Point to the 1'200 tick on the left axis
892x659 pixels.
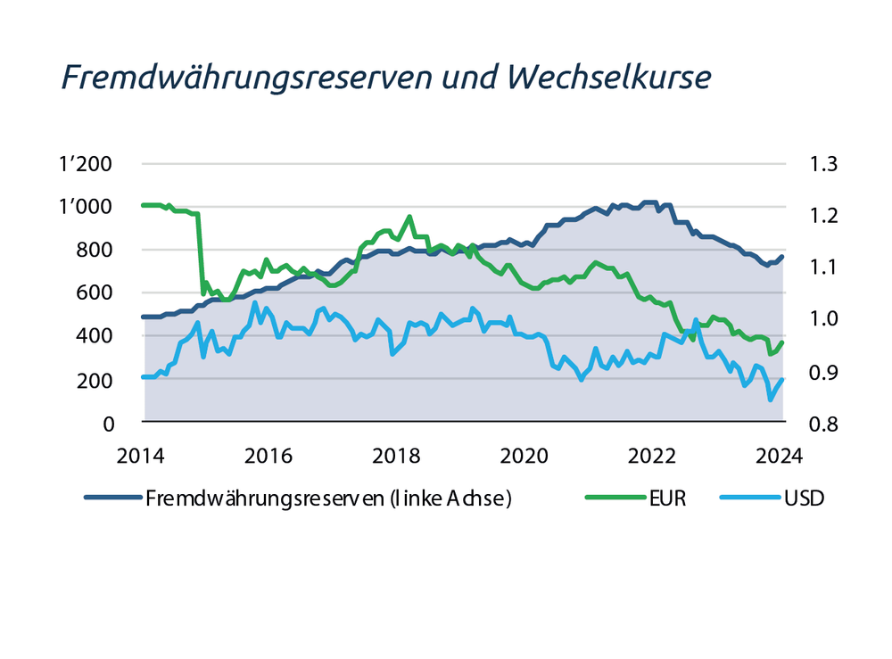pyautogui.click(x=86, y=164)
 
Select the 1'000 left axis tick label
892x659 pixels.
pyautogui.click(x=86, y=207)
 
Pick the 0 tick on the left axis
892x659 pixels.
pyautogui.click(x=109, y=424)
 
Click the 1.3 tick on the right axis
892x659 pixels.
pyautogui.click(x=823, y=164)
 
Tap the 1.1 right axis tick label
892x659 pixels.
pyautogui.click(x=823, y=267)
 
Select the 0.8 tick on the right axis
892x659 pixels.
pyautogui.click(x=823, y=424)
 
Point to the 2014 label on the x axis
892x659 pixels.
pyautogui.click(x=141, y=455)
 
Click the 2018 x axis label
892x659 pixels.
pyautogui.click(x=396, y=455)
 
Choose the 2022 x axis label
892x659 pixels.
pyautogui.click(x=652, y=455)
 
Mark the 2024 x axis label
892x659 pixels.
pyautogui.click(x=780, y=455)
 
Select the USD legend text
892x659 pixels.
pyautogui.click(x=805, y=498)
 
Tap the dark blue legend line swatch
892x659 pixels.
pyautogui.click(x=113, y=498)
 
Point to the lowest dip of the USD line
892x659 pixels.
pyautogui.click(x=771, y=400)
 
